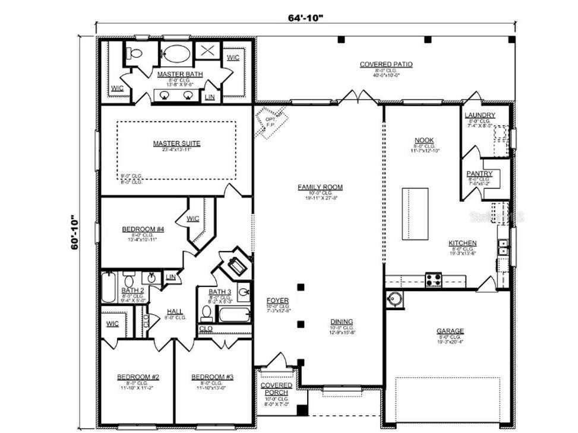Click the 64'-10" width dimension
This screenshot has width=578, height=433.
[x=305, y=17]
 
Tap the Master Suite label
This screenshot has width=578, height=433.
[x=176, y=144]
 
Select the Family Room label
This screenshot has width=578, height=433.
[x=320, y=187]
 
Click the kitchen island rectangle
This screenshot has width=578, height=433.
[x=415, y=214]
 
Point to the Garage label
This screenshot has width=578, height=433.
[x=450, y=332]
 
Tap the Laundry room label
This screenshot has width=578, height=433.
[x=479, y=115]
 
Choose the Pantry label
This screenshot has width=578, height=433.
[x=479, y=174]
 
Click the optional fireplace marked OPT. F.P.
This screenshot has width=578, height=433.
[x=271, y=122]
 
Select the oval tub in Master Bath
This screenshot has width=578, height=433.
[x=176, y=54]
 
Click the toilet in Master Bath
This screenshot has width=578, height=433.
[x=136, y=54]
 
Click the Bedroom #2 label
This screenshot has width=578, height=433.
[x=137, y=377]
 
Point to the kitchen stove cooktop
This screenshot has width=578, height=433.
[x=434, y=279]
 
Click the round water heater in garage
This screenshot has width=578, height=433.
[x=394, y=300]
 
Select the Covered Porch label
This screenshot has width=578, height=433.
[x=276, y=389]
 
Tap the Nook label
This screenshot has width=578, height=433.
[x=424, y=141]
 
